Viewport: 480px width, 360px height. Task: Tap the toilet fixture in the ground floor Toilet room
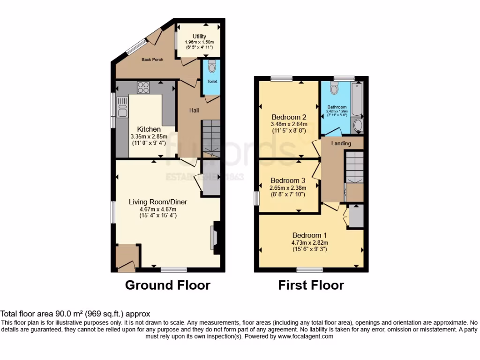pyautogui.click(x=211, y=67)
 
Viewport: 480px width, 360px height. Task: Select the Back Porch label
pyautogui.click(x=152, y=60)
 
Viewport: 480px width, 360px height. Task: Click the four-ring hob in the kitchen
pyautogui.click(x=143, y=87)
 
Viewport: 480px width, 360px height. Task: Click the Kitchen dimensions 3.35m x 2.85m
pyautogui.click(x=150, y=137)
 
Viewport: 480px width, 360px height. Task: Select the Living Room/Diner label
pyautogui.click(x=158, y=202)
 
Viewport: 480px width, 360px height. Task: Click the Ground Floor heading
pyautogui.click(x=167, y=285)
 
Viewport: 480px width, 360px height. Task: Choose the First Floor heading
pyautogui.click(x=311, y=285)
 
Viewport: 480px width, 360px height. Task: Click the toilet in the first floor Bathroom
pyautogui.click(x=334, y=88)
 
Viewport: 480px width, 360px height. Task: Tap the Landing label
pyautogui.click(x=341, y=143)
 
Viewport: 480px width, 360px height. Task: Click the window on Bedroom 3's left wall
pyautogui.click(x=256, y=198)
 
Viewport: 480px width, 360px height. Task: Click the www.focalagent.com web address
pyautogui.click(x=306, y=336)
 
